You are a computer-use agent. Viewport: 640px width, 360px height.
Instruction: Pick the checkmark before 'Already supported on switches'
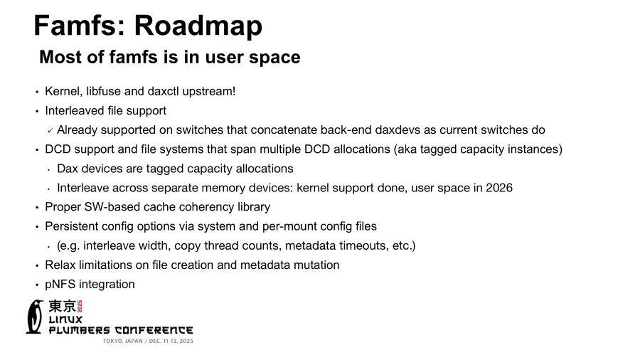pos(50,130)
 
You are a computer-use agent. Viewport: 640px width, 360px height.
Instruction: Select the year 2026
pos(499,188)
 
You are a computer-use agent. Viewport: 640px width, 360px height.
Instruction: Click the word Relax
pos(60,265)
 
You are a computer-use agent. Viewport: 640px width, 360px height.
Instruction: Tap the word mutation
pos(316,265)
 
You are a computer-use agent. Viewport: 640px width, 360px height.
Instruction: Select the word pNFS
pos(60,284)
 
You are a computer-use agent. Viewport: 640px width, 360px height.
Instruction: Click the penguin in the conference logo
pos(35,317)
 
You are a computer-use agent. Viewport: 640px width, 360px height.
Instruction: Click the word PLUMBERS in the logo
pos(79,330)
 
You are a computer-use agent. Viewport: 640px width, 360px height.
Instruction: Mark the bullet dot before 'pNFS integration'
pos(37,285)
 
